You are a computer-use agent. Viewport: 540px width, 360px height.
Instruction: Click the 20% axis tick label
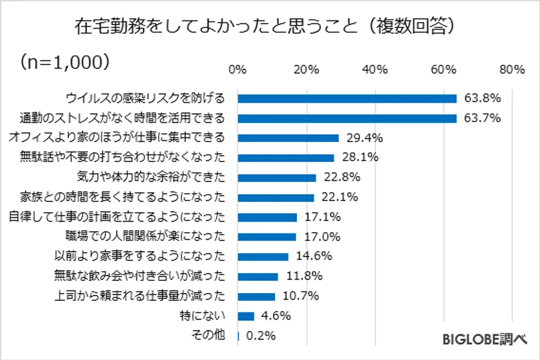click(306, 69)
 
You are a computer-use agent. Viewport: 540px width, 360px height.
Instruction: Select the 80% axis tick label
click(512, 69)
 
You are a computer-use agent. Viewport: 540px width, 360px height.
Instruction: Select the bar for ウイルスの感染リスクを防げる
click(347, 98)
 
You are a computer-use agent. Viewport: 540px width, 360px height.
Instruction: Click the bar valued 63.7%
click(347, 118)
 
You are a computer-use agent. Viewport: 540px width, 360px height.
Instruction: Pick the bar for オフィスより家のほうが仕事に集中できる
click(288, 138)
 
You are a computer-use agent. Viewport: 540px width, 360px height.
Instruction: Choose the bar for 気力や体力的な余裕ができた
click(277, 177)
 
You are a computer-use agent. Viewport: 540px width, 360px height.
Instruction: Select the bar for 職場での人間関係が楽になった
click(267, 237)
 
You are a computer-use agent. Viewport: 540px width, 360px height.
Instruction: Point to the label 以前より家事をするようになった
click(139, 256)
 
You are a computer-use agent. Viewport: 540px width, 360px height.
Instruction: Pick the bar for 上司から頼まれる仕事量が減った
click(256, 296)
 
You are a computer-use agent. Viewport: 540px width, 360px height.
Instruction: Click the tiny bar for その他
click(239, 336)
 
